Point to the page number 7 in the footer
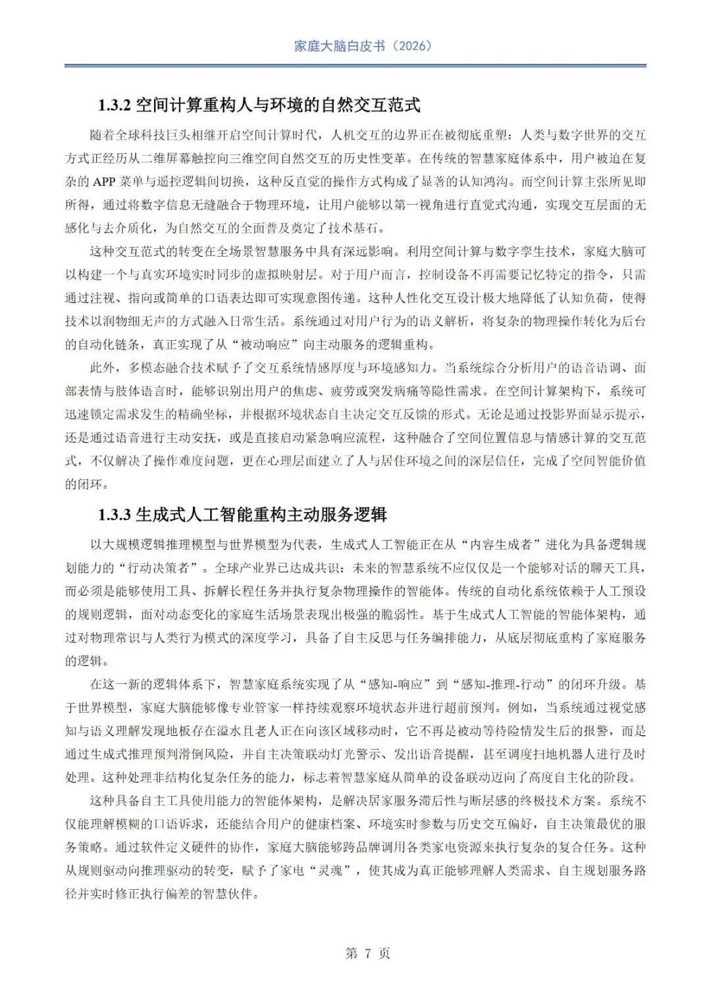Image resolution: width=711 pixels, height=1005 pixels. [x=368, y=953]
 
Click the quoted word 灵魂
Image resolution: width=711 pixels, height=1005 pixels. [x=329, y=871]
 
